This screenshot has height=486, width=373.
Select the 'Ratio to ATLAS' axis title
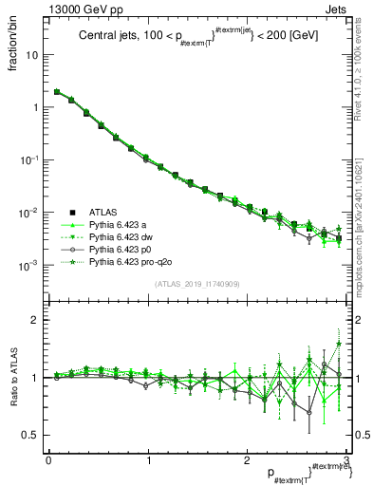click(x=20, y=379)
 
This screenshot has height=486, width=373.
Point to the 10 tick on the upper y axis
click(x=32, y=55)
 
